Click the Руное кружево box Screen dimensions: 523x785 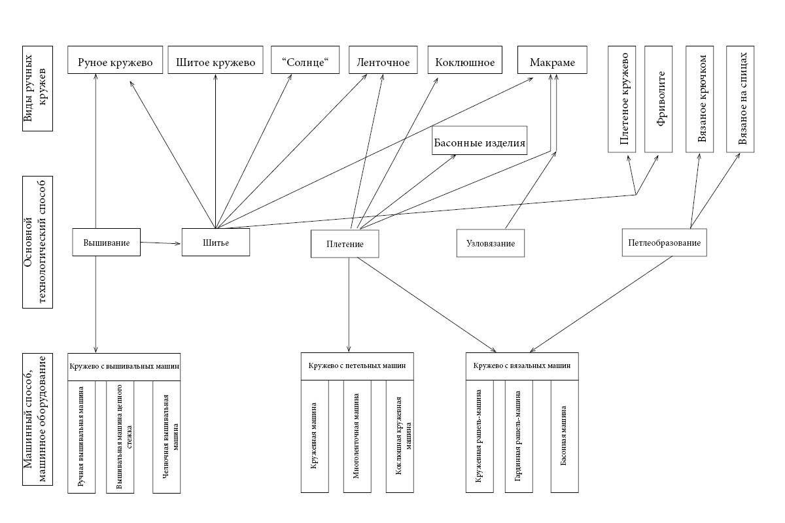point(115,63)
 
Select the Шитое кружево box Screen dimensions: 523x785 point(215,63)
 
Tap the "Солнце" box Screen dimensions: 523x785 point(304,63)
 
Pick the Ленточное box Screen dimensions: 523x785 point(384,63)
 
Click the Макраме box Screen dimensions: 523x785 point(552,63)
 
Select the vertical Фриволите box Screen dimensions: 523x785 point(659,99)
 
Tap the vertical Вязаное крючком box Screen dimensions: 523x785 point(703,99)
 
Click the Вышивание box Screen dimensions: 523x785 point(107,243)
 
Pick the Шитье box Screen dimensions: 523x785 point(215,243)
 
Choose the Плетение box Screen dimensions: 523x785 point(345,244)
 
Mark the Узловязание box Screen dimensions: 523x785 point(491,243)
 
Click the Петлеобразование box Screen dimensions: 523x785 point(665,243)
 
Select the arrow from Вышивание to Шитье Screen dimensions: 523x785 point(161,243)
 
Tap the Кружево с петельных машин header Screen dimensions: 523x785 point(357,365)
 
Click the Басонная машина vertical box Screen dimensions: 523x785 point(565,435)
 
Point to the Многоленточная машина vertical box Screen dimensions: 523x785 point(357,435)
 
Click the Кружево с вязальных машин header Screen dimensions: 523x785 point(522,365)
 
